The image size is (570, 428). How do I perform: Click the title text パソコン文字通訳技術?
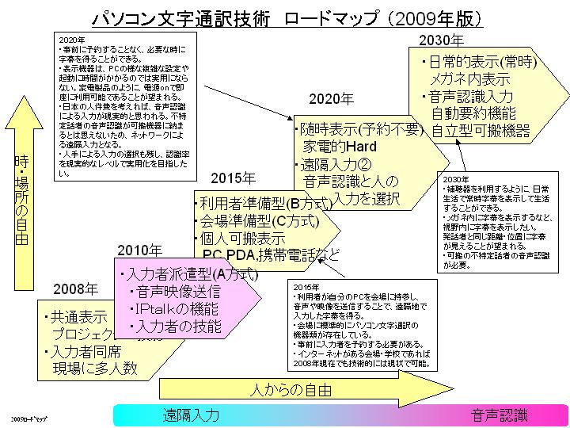(181, 17)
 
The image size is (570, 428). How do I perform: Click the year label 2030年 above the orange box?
(440, 40)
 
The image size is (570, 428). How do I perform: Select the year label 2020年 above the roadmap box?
(331, 99)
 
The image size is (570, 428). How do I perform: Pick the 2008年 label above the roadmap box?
(76, 289)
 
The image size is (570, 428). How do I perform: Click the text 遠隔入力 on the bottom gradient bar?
(191, 415)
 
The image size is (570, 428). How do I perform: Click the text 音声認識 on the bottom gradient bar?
(499, 415)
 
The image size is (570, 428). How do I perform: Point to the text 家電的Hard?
(342, 147)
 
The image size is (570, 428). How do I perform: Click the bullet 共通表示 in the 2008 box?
(77, 316)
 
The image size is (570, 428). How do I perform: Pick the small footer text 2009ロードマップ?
(29, 416)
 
